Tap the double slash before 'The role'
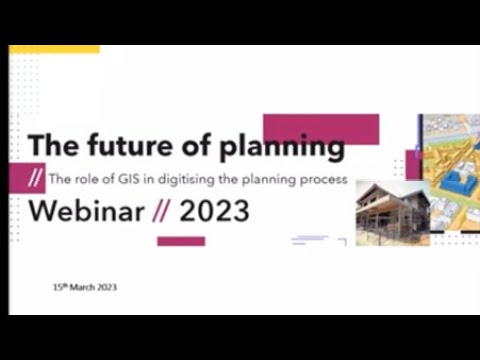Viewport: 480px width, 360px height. pos(37,181)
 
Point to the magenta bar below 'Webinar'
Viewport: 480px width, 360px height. pos(181,241)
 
